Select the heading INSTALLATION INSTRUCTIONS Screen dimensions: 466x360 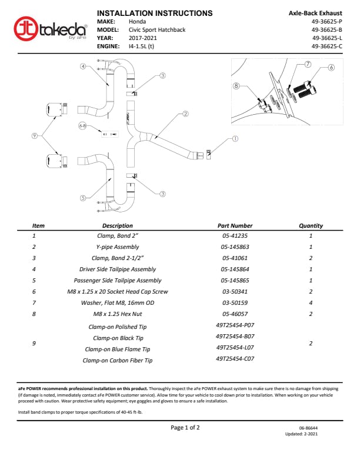pyautogui.click(x=154, y=13)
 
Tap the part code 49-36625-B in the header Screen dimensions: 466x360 pyautogui.click(x=326, y=29)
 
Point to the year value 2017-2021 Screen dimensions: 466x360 pyautogui.click(x=143, y=38)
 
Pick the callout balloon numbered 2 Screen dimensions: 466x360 pyautogui.click(x=185, y=114)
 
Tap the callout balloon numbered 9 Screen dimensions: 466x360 pyautogui.click(x=35, y=136)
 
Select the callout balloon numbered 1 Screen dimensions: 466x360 pyautogui.click(x=235, y=139)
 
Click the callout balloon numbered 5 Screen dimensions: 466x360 pyautogui.click(x=84, y=198)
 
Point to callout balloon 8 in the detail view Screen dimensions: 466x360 pyautogui.click(x=236, y=85)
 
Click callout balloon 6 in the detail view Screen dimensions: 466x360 pyautogui.click(x=331, y=67)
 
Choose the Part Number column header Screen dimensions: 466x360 pyautogui.click(x=235, y=225)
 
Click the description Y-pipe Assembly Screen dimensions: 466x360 pyautogui.click(x=118, y=247)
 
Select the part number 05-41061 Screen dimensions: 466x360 pyautogui.click(x=235, y=258)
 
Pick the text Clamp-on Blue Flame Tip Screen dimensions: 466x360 pyautogui.click(x=118, y=349)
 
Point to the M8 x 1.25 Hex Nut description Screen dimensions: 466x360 pyautogui.click(x=118, y=314)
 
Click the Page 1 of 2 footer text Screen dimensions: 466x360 pyautogui.click(x=185, y=428)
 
